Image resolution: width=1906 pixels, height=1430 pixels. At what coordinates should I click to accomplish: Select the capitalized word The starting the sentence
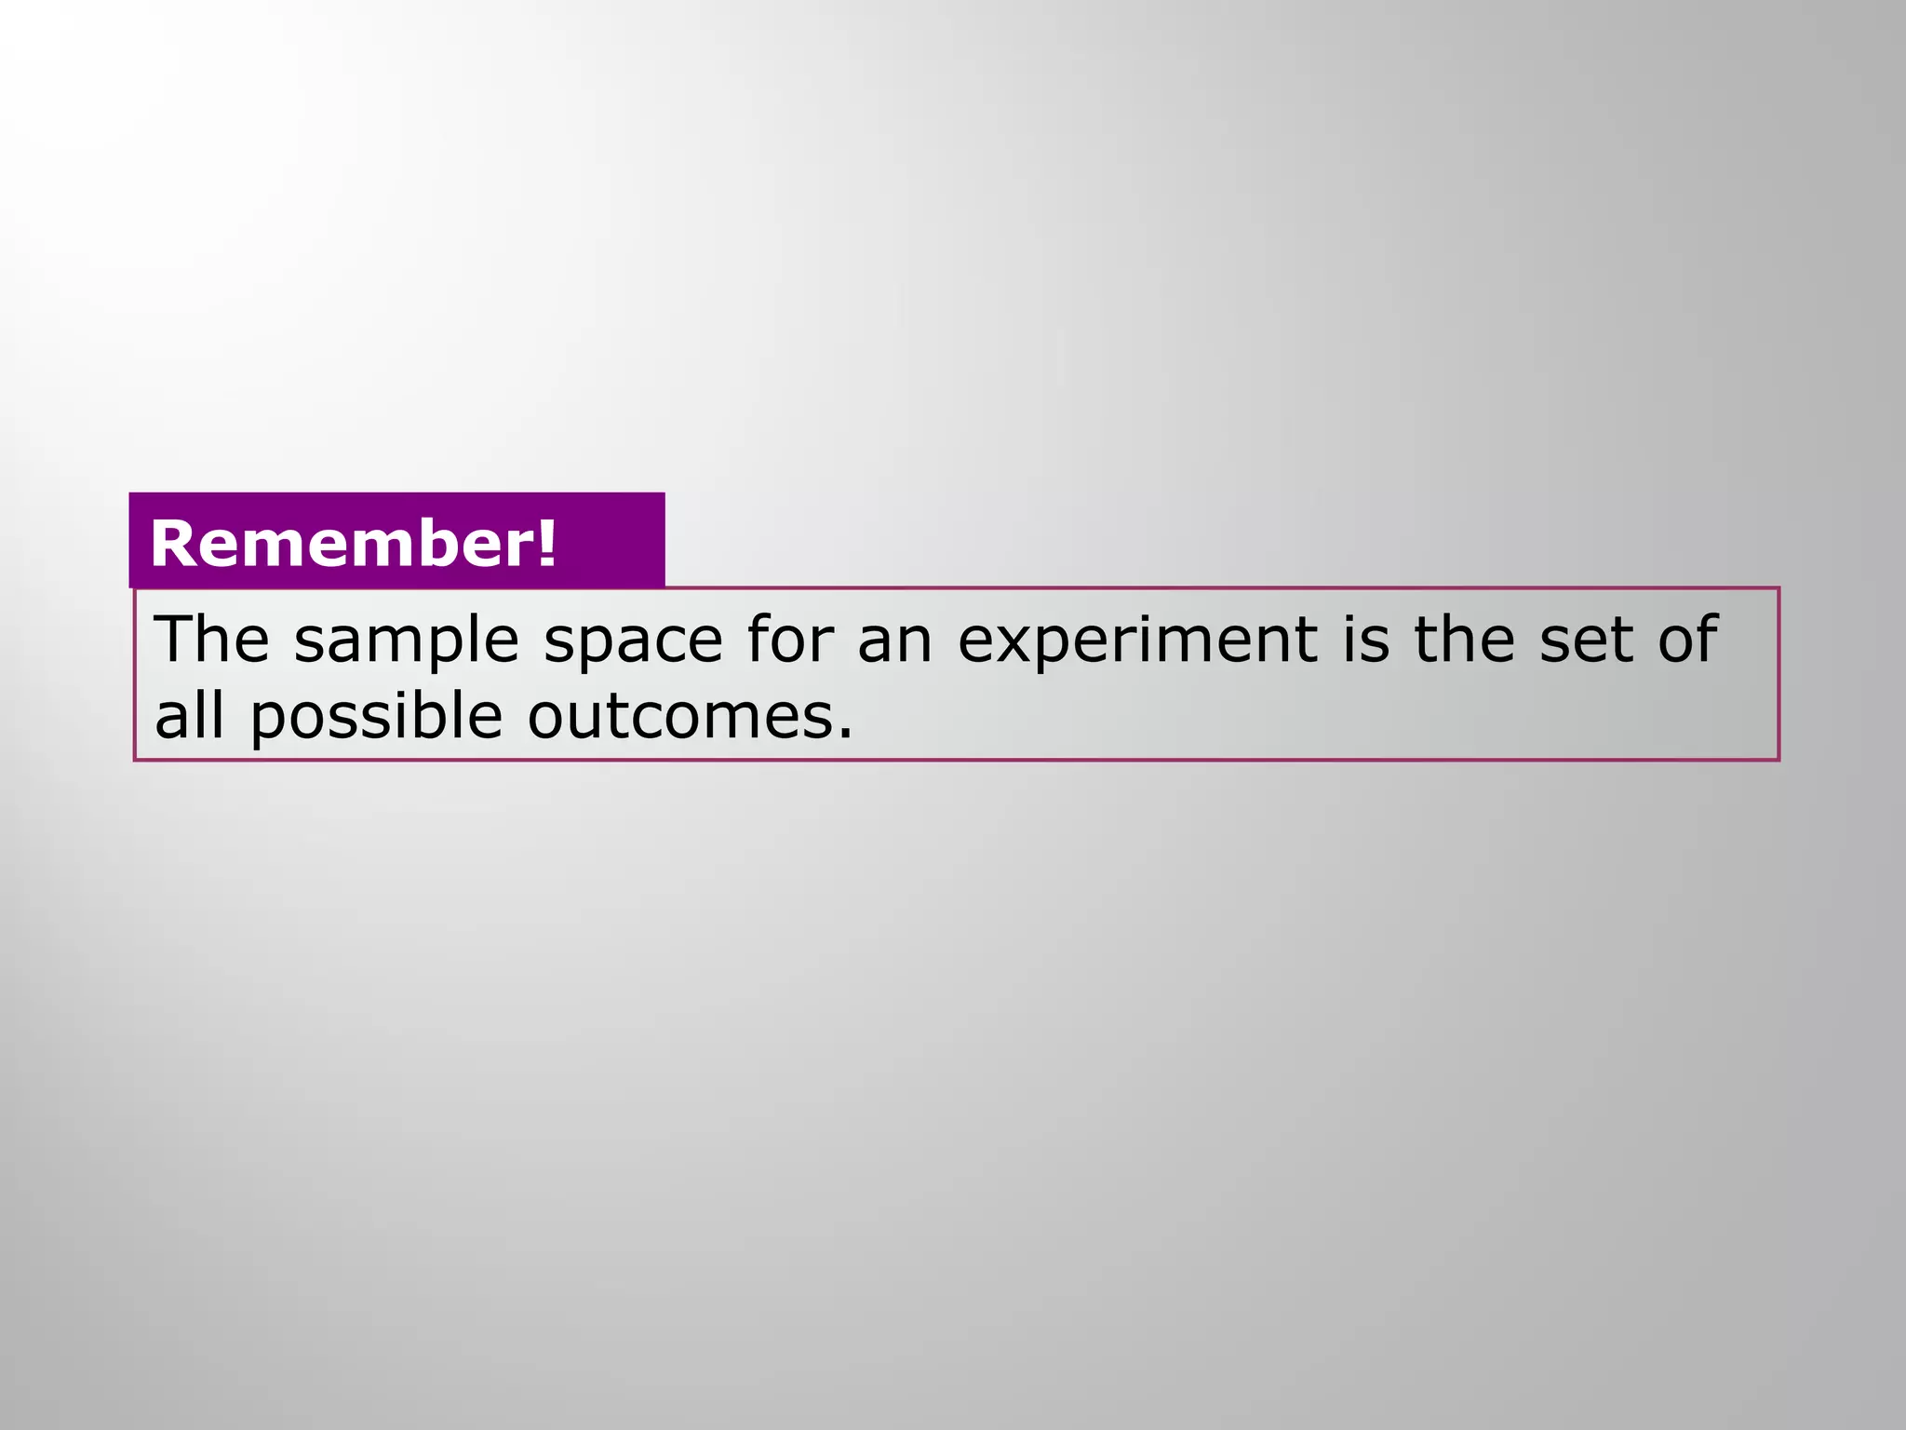click(x=212, y=640)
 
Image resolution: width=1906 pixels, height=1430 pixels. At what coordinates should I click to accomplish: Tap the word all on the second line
click(x=189, y=717)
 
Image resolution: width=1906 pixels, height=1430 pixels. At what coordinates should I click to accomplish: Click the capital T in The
click(x=174, y=640)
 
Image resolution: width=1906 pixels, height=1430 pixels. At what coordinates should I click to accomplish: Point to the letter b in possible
click(x=437, y=717)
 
